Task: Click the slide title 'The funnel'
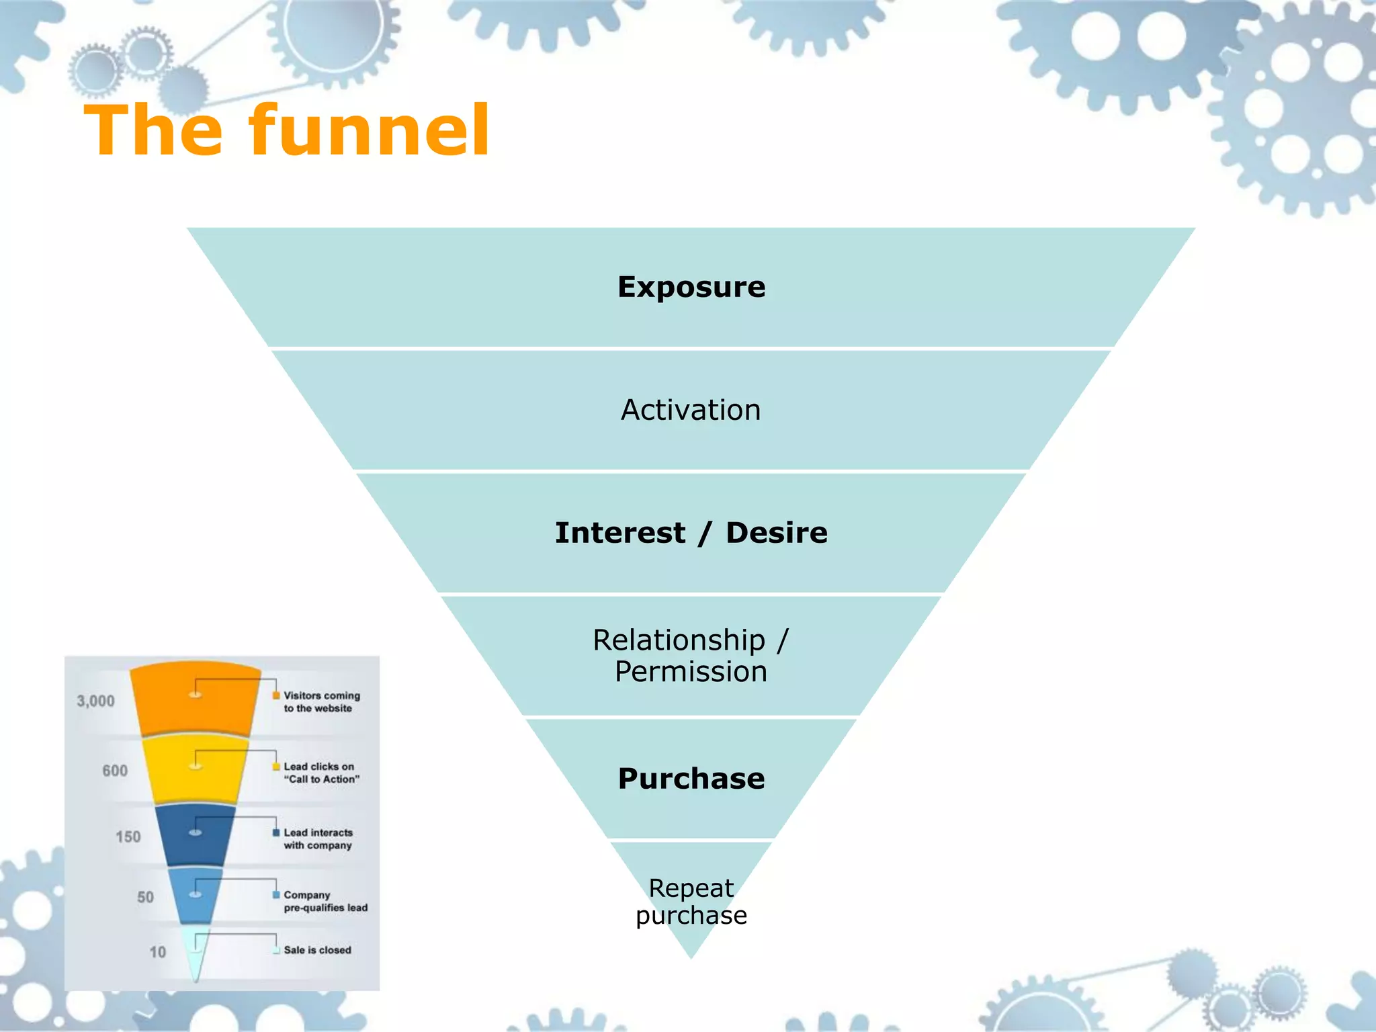click(287, 131)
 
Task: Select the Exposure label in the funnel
click(691, 288)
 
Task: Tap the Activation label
click(691, 410)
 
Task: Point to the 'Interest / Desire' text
click(691, 533)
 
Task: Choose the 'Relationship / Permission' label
click(691, 656)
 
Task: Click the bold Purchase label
click(691, 779)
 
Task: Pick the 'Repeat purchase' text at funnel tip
click(691, 902)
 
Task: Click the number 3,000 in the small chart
click(95, 701)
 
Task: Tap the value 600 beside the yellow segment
click(115, 771)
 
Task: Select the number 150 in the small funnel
click(128, 836)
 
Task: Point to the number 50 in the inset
click(145, 897)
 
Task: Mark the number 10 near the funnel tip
click(157, 952)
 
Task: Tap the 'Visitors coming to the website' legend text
click(321, 702)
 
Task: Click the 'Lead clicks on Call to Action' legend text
click(321, 773)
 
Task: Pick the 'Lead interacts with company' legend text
click(318, 838)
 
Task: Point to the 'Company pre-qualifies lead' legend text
click(325, 901)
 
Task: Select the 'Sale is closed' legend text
click(317, 950)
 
